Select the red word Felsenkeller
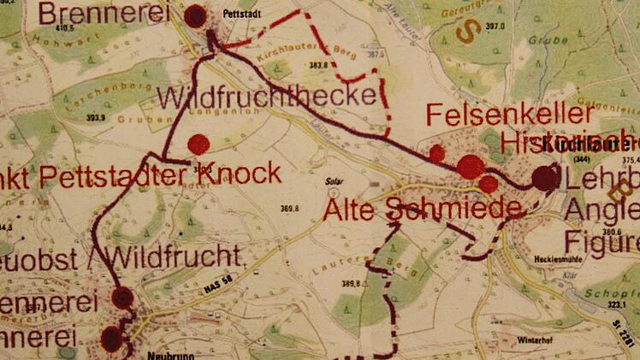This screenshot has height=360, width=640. point(509,114)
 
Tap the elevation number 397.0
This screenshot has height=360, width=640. point(496,27)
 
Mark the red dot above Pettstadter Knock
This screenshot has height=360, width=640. point(199,144)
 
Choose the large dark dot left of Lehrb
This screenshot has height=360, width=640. point(543,178)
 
